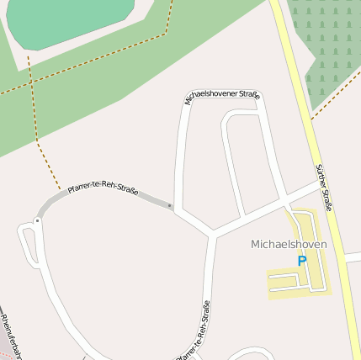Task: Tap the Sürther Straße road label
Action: pos(323,187)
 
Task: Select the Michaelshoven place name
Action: pos(289,244)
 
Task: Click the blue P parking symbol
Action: pos(301,261)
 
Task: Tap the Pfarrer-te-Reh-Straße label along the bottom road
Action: pos(194,331)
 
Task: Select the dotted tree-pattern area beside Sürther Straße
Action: pos(328,50)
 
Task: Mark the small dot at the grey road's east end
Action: pos(170,204)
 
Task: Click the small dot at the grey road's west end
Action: pos(37,220)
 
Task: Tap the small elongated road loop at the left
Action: pos(28,243)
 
